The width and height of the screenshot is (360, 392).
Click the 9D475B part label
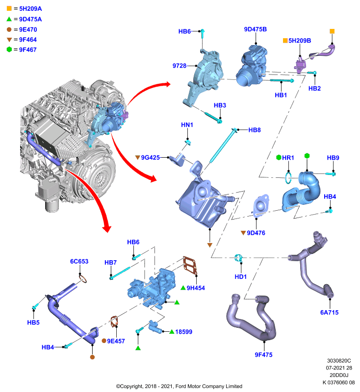[x=255, y=29]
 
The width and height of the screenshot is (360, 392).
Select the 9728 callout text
[x=180, y=66]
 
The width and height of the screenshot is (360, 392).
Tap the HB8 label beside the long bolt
[x=255, y=130]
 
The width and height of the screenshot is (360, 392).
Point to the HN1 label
[x=187, y=125]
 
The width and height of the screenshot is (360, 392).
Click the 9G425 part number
[x=151, y=157]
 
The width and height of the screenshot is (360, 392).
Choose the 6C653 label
[x=79, y=262]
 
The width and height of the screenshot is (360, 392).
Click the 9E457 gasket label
[x=116, y=341]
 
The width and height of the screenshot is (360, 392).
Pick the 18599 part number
[x=183, y=332]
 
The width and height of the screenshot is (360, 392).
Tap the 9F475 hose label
[x=263, y=355]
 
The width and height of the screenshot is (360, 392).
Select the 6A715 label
[x=329, y=313]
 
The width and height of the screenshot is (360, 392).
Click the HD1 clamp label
[x=241, y=277]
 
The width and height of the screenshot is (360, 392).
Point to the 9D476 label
[x=256, y=233]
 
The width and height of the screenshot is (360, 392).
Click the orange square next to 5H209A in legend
[x=9, y=8]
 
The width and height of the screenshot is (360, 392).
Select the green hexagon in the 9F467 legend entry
[x=9, y=49]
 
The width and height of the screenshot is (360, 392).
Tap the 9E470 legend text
[x=28, y=30]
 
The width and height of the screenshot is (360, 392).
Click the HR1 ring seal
[x=288, y=177]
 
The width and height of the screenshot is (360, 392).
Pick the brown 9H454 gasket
[x=190, y=266]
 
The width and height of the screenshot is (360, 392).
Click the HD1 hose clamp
[x=238, y=258]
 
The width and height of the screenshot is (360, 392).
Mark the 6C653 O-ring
[x=83, y=278]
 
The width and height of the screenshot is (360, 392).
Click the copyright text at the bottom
[x=179, y=386]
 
